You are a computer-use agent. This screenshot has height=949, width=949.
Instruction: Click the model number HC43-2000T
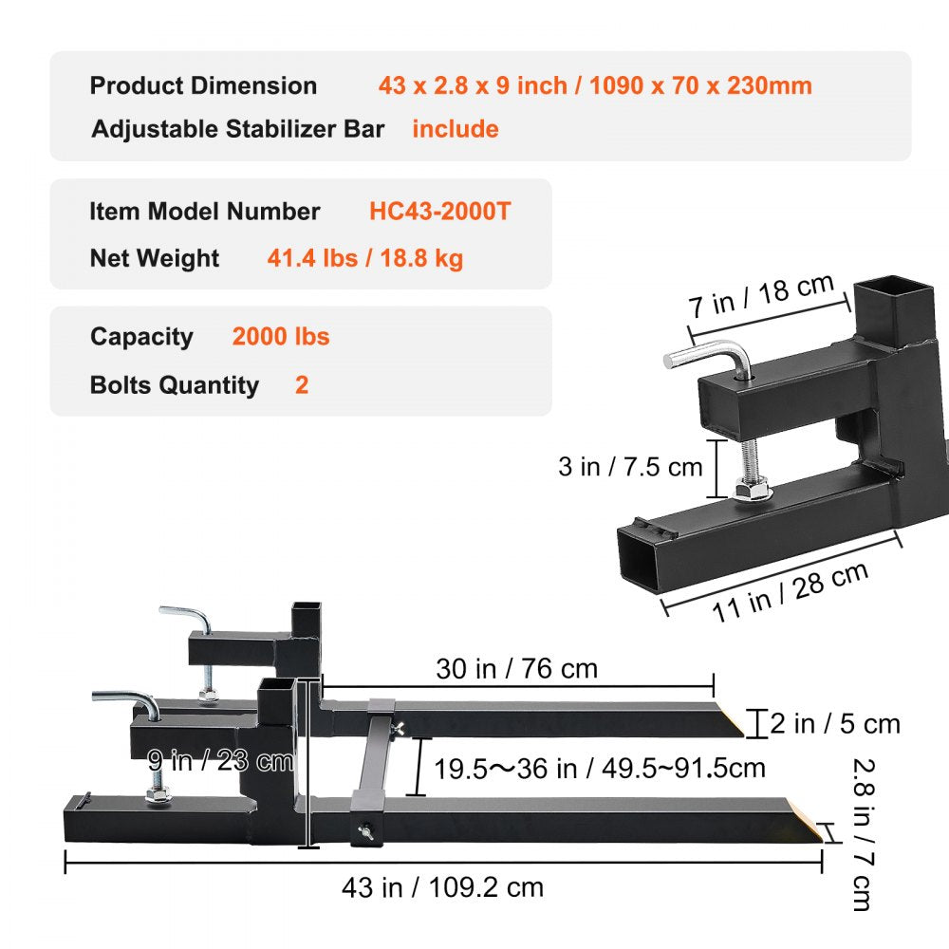[x=439, y=211]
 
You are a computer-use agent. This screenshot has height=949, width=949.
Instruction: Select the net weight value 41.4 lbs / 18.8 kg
[x=365, y=258]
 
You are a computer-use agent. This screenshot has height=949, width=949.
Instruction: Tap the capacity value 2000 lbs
[x=281, y=336]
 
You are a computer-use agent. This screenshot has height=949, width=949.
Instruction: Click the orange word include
[x=455, y=129]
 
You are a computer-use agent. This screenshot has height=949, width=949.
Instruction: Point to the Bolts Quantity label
[x=174, y=385]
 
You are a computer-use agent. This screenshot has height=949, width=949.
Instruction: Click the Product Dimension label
[x=203, y=85]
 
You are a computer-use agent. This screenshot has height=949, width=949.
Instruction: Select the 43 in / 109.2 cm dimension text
[x=442, y=887]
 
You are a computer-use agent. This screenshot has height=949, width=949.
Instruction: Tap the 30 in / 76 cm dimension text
[x=516, y=668]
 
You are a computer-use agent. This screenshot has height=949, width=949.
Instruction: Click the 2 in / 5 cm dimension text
[x=834, y=724]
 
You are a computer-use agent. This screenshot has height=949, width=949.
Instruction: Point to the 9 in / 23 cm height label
[x=220, y=760]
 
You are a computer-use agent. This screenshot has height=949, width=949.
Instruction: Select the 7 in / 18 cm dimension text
[x=761, y=295]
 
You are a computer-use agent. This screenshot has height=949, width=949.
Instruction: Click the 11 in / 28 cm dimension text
[x=791, y=591]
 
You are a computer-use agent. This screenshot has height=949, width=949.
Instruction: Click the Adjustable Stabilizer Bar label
[x=237, y=129]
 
